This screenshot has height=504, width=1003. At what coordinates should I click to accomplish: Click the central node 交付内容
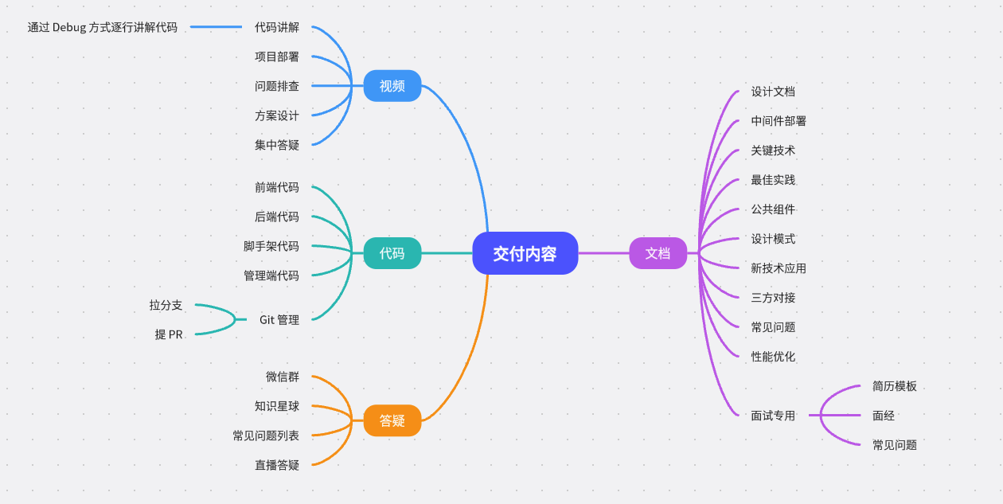[525, 253]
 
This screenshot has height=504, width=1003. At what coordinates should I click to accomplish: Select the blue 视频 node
[392, 86]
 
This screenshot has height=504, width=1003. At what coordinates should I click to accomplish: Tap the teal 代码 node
[392, 253]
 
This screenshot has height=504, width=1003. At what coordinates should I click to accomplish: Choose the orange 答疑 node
[392, 420]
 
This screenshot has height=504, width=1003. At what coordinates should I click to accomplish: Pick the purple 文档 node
[658, 253]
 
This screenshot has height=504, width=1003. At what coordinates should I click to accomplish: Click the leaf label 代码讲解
[277, 27]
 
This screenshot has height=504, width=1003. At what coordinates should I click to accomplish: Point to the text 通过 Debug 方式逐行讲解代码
[103, 27]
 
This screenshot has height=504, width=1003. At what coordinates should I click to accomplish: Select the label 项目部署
[277, 57]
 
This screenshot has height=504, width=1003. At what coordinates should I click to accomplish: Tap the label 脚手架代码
[271, 246]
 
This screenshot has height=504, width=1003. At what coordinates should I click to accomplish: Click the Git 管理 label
[279, 319]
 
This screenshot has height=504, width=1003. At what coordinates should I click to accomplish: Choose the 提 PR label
[169, 334]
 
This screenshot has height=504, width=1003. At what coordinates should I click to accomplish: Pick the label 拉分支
[166, 305]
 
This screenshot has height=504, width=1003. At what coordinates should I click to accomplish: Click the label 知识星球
[277, 406]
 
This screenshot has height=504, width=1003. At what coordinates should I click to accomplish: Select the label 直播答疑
[277, 465]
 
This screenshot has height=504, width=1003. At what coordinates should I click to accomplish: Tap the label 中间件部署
[779, 121]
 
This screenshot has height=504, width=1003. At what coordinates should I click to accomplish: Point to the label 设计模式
[773, 239]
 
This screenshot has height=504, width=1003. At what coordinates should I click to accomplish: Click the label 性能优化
[773, 357]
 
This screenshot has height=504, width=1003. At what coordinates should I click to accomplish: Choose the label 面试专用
[773, 416]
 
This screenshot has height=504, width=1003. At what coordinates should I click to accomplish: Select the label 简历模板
[895, 386]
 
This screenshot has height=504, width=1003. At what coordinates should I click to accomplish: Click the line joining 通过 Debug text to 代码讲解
[216, 27]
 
